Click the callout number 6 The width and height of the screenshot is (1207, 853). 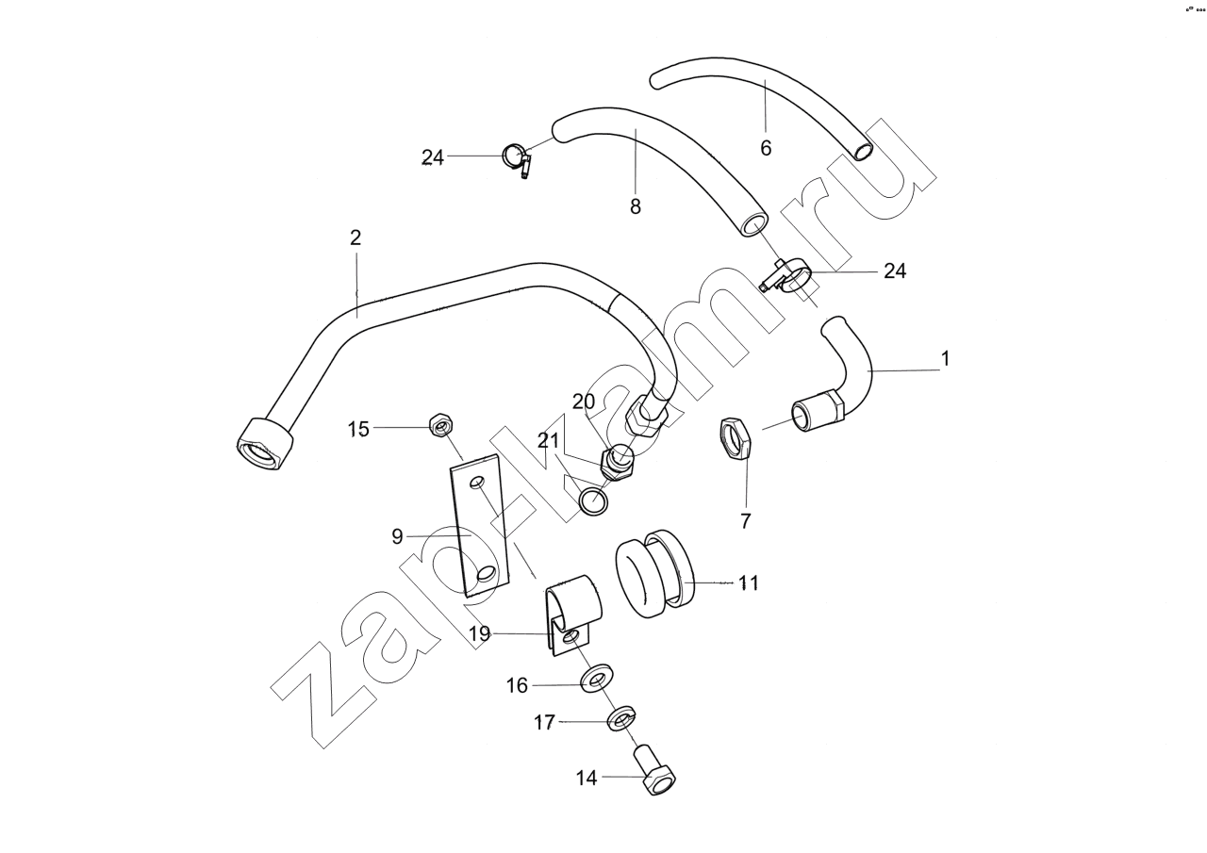(x=766, y=148)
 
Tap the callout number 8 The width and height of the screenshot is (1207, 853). (x=636, y=206)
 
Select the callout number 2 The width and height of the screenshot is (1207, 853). (x=355, y=238)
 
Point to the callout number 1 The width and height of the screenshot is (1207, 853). (x=945, y=358)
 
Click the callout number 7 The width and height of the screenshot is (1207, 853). (x=745, y=521)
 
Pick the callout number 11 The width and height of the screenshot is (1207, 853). (x=748, y=583)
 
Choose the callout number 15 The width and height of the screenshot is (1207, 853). (x=358, y=429)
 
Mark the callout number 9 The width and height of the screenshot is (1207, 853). (x=398, y=536)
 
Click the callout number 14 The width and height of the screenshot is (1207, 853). (x=587, y=778)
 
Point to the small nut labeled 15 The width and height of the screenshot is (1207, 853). (x=440, y=426)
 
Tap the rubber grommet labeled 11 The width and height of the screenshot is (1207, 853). (x=656, y=578)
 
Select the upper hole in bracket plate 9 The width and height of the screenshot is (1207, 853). (x=477, y=484)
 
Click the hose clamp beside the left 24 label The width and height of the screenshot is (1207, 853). (x=516, y=158)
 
